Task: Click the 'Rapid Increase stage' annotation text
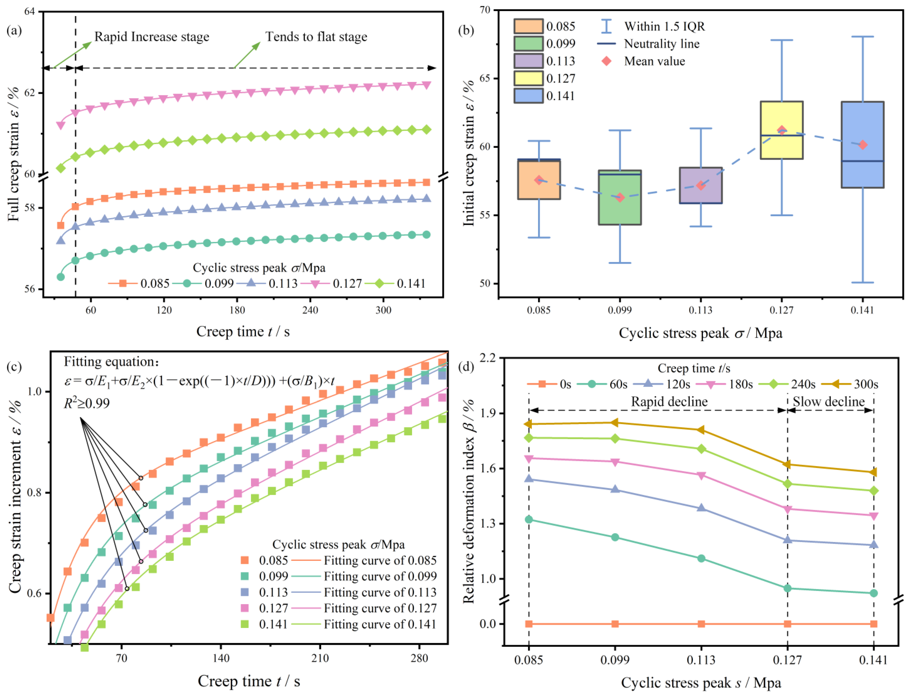point(152,37)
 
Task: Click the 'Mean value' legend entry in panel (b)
point(654,61)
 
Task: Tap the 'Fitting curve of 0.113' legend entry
point(380,592)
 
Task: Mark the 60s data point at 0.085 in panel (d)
point(529,520)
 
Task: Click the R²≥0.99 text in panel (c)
point(87,403)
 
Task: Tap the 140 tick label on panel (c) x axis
point(221,658)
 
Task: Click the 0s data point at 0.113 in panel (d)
point(701,624)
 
